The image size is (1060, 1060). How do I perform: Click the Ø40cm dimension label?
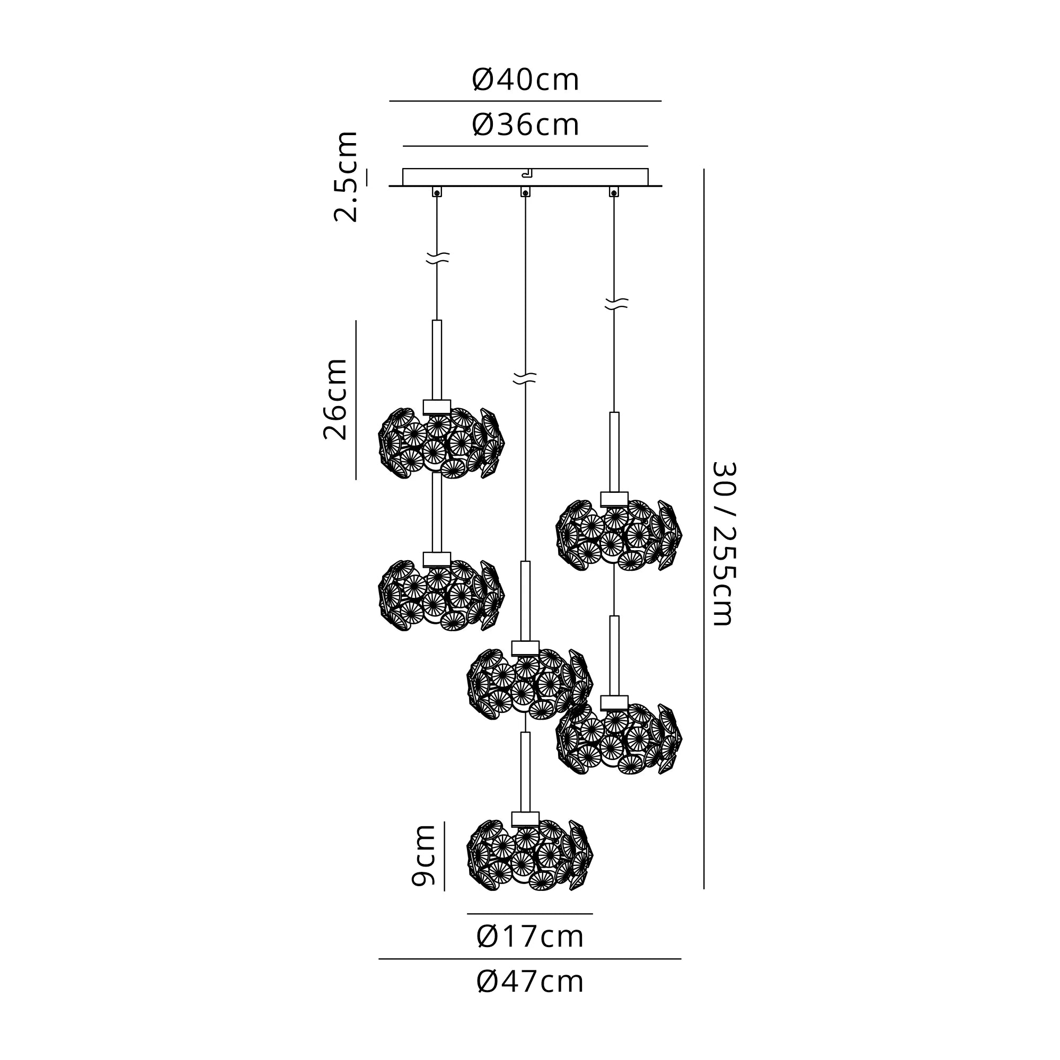[525, 80]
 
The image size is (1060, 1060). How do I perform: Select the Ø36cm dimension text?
[525, 125]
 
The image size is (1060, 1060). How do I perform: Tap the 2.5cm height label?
[346, 176]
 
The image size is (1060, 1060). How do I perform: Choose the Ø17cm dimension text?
[529, 937]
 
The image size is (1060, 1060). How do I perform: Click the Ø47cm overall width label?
[529, 982]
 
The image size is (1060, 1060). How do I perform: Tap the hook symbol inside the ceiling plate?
[527, 174]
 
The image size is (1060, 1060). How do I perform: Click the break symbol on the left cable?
[437, 258]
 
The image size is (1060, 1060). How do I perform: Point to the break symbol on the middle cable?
[525, 378]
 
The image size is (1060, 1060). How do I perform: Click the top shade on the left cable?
[440, 443]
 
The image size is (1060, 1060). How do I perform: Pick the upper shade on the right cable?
[619, 535]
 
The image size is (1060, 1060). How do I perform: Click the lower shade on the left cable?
[440, 595]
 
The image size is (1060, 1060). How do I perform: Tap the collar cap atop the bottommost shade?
[525, 819]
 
